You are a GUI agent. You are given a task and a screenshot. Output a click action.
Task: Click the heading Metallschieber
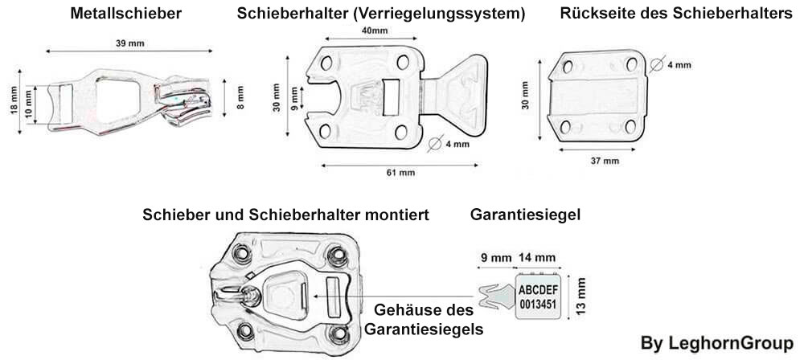coord(125,14)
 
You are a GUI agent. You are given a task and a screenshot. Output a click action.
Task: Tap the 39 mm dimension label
coord(129,43)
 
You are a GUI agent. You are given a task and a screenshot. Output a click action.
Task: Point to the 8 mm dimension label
coord(240,97)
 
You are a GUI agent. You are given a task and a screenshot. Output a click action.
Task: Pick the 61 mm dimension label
coord(400,173)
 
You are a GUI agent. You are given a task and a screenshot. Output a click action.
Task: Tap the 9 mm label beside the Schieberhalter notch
coord(293,98)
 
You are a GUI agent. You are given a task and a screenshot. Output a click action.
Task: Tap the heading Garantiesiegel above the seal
coord(525,215)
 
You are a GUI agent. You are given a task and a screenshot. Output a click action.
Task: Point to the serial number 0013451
coord(538,304)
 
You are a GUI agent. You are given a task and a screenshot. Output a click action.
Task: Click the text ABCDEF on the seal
coord(539,291)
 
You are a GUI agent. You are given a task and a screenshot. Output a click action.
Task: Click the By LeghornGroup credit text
coord(717,343)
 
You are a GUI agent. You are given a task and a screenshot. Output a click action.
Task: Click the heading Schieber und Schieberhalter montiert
coord(285,215)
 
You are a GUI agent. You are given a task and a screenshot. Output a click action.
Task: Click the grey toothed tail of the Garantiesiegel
coord(496,297)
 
